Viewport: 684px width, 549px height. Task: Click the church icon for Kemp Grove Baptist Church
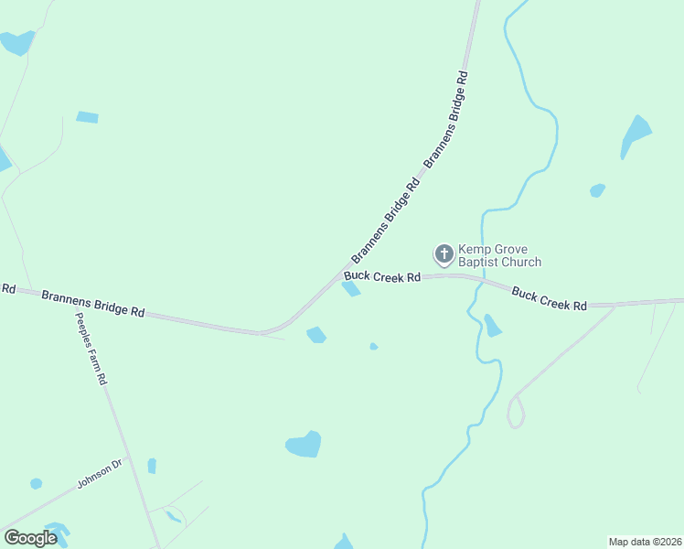[444, 253]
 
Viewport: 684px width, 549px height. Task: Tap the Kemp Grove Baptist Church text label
[499, 255]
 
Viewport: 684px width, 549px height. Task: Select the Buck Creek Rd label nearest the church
[382, 276]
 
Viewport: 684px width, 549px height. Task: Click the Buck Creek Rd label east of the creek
[549, 298]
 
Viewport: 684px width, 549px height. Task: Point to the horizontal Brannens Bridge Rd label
[93, 304]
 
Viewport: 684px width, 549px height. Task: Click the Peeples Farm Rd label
[91, 348]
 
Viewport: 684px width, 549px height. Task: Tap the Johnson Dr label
[99, 474]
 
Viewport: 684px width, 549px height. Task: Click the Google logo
[30, 537]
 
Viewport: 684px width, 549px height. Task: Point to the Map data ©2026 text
[645, 541]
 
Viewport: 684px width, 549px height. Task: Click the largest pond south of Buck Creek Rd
[304, 445]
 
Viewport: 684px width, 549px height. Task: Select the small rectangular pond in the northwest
[87, 117]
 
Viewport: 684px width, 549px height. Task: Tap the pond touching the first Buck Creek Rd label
[351, 289]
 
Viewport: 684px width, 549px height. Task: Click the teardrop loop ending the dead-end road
[517, 413]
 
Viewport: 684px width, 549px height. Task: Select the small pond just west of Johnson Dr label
[36, 483]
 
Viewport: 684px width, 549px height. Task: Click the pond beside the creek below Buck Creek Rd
[493, 326]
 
